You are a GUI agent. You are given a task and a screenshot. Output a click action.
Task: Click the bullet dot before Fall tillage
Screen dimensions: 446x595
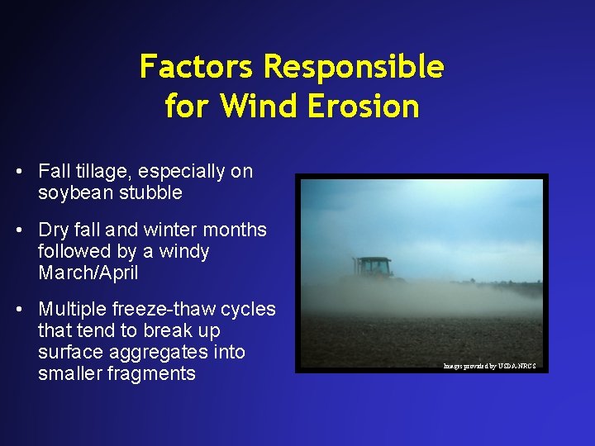18,172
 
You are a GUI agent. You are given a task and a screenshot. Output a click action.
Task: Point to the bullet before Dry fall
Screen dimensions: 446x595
18,230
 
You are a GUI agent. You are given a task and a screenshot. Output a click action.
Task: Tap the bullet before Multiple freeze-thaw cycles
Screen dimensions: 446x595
18,309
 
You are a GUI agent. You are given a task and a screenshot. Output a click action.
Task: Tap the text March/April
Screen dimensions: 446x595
88,273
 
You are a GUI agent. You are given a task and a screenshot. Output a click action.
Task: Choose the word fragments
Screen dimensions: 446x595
155,373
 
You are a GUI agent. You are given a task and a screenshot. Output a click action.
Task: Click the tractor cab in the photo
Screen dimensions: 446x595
375,268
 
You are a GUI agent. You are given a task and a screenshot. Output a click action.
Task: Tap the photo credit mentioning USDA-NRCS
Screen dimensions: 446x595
489,365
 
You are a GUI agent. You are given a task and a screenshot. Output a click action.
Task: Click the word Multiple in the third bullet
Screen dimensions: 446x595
70,309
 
